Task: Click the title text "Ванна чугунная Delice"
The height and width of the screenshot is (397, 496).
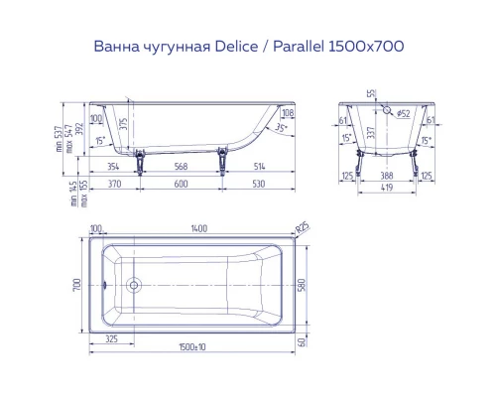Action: click(159, 46)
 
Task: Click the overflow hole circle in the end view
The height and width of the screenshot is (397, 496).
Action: click(390, 112)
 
